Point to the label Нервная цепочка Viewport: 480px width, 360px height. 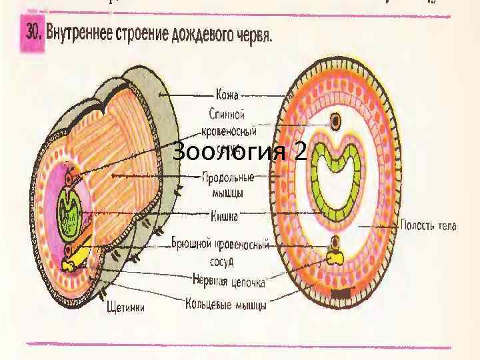(229, 282)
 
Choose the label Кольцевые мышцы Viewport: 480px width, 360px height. (226, 306)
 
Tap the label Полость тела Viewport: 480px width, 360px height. (428, 226)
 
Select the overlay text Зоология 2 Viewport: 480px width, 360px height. (239, 152)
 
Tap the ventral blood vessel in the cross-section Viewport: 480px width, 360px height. (336, 241)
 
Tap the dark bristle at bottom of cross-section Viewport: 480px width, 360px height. (341, 294)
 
